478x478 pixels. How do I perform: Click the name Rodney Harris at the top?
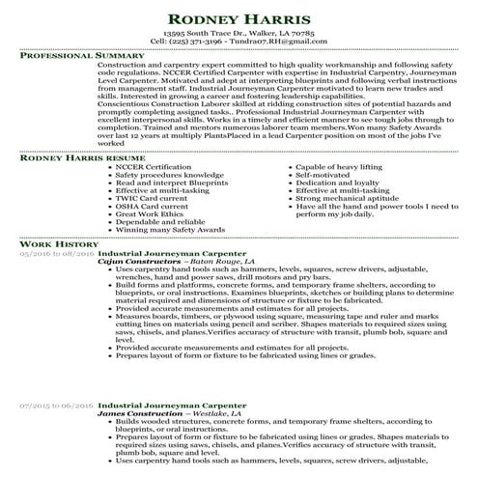238,19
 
